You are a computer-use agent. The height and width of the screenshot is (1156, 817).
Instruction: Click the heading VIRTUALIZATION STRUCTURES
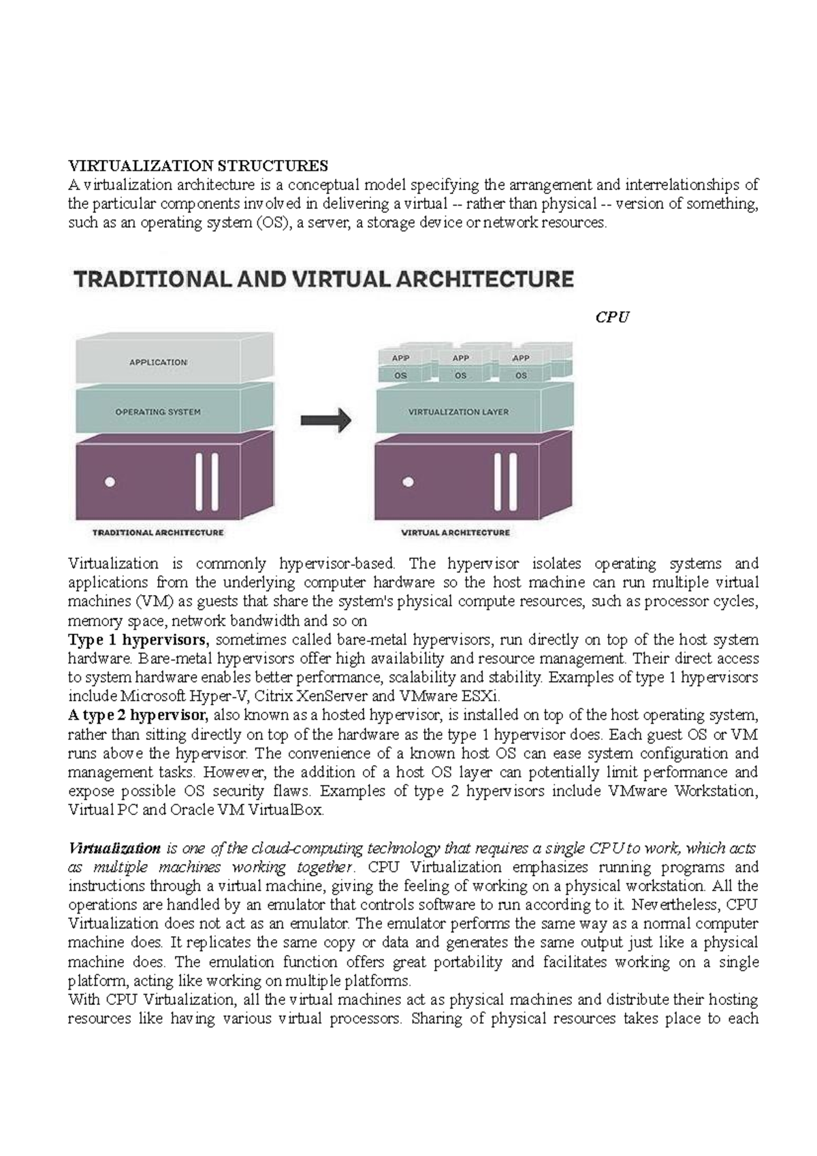click(x=197, y=165)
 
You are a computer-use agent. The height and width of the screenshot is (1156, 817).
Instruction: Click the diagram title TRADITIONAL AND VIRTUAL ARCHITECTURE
click(x=323, y=279)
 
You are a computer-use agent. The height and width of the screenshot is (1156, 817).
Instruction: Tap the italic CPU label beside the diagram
click(x=611, y=317)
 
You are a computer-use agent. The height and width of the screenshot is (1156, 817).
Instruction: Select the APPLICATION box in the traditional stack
click(x=159, y=362)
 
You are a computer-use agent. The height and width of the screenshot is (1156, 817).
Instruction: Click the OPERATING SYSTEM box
click(x=158, y=412)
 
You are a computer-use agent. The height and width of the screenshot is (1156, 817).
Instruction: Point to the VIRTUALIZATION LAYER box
click(x=458, y=412)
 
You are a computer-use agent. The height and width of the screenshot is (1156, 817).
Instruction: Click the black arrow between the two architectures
click(x=325, y=420)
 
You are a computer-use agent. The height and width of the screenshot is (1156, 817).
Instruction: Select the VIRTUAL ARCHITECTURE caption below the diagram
click(x=455, y=532)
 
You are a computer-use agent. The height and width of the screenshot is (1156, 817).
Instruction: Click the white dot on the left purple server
click(x=110, y=482)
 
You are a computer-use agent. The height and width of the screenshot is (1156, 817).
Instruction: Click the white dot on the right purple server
click(x=408, y=482)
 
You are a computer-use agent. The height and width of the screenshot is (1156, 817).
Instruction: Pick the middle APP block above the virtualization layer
click(x=461, y=358)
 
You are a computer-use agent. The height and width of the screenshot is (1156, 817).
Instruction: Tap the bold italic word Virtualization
click(x=114, y=848)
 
